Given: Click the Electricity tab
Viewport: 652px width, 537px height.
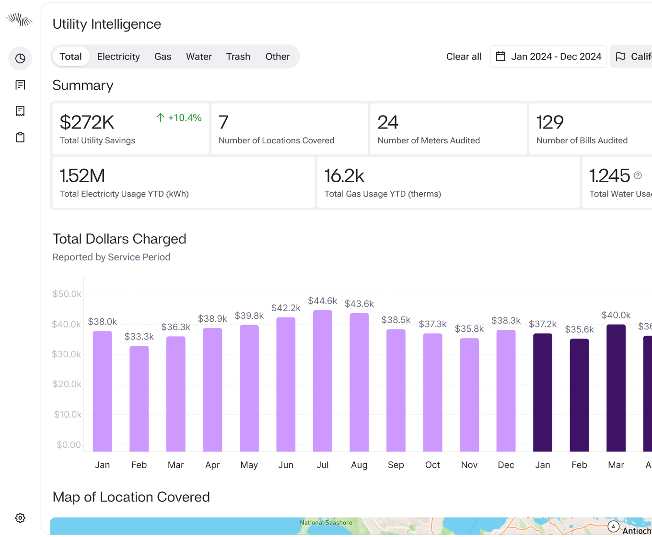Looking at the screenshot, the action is (x=118, y=57).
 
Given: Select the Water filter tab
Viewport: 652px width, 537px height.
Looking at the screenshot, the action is (x=199, y=57).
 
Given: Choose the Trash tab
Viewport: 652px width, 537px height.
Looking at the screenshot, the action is (x=238, y=57).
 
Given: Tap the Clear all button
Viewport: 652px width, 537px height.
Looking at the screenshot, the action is (x=464, y=57).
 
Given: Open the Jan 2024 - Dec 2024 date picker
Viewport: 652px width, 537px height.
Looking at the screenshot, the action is (x=548, y=57).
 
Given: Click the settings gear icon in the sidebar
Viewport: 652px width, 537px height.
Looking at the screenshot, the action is (x=20, y=518).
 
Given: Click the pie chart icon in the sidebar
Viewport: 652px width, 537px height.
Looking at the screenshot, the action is (x=20, y=58).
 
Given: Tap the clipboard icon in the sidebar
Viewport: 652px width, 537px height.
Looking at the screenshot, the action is (x=20, y=138).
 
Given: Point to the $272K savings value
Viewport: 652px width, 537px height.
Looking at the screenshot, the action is (x=87, y=122).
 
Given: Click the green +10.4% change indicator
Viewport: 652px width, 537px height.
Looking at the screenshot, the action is (x=179, y=118).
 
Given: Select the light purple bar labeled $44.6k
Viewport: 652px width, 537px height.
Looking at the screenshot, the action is (x=323, y=381).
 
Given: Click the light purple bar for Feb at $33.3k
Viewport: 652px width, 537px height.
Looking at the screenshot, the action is (x=139, y=398).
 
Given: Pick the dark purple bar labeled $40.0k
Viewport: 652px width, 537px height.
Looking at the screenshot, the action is (x=616, y=388).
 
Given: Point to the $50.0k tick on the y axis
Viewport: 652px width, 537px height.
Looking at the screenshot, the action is (x=67, y=294).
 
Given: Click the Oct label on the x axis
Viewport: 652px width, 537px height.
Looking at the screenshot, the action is (x=432, y=465).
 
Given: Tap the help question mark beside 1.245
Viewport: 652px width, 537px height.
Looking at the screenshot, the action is (x=638, y=175).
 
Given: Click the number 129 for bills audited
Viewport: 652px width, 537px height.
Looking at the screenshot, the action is (x=550, y=122).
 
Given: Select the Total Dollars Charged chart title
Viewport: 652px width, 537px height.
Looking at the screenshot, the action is (x=119, y=239).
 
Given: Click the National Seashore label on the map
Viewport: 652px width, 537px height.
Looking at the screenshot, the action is (x=326, y=522).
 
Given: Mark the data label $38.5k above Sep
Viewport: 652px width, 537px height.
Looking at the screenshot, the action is (x=396, y=320).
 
